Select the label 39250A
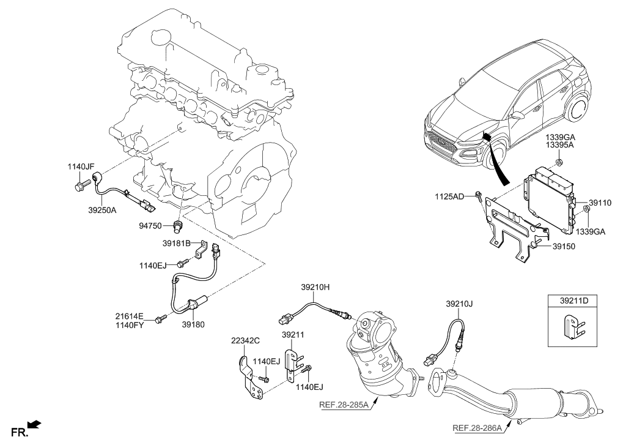[103, 208]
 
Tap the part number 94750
[150, 226]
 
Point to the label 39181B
[177, 243]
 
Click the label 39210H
[315, 286]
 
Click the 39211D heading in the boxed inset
[572, 301]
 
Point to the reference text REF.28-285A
[344, 405]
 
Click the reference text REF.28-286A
[478, 428]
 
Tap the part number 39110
[600, 202]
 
